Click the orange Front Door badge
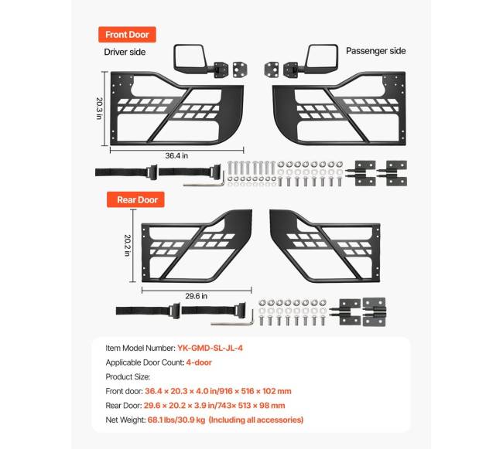pyautogui.click(x=127, y=34)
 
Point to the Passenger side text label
pyautogui.click(x=375, y=51)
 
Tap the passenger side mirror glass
pyautogui.click(x=320, y=56)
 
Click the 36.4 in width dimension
pyautogui.click(x=176, y=155)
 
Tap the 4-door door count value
pyautogui.click(x=198, y=362)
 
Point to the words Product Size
pyautogui.click(x=129, y=376)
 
